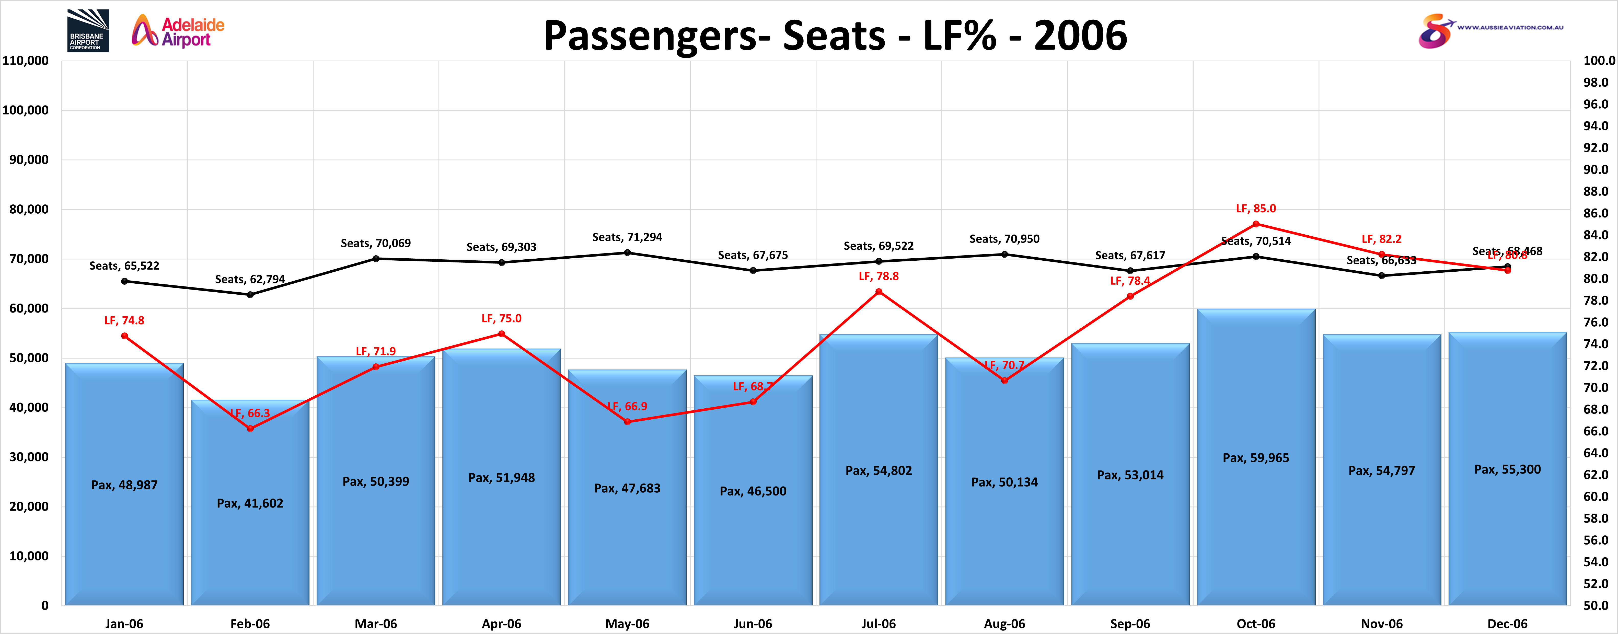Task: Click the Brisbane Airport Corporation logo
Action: pos(88,30)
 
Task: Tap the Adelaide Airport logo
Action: pos(178,31)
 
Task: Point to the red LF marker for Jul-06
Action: pos(879,292)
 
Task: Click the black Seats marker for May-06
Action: pos(628,252)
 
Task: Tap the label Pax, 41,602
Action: pos(250,503)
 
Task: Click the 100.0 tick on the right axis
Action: pos(1599,61)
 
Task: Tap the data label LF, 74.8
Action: pos(124,320)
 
